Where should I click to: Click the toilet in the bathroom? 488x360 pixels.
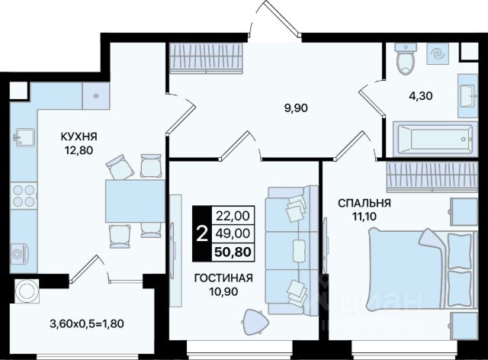coord(406,58)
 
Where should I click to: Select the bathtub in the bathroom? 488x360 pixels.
coord(435,139)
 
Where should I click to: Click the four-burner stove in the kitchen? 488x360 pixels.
coord(24,195)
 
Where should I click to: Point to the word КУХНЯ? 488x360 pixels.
coord(79,137)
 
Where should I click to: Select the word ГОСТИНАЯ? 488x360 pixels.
coord(223,278)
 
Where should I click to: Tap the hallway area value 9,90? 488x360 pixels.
coord(296,108)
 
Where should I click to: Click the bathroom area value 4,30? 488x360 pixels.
coord(420,95)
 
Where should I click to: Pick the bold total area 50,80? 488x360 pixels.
coord(233,252)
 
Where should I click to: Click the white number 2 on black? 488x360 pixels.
coord(202,234)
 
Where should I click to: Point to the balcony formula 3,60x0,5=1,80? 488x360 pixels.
coord(87,324)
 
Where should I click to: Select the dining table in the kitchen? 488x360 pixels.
coord(135,201)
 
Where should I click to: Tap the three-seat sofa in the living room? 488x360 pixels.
coord(292,249)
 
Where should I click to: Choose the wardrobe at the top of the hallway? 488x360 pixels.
coord(206,58)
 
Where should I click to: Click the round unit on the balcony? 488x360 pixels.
coord(27,291)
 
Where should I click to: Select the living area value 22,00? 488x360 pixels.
coord(233,216)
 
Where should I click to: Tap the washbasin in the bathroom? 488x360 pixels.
coord(467,95)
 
